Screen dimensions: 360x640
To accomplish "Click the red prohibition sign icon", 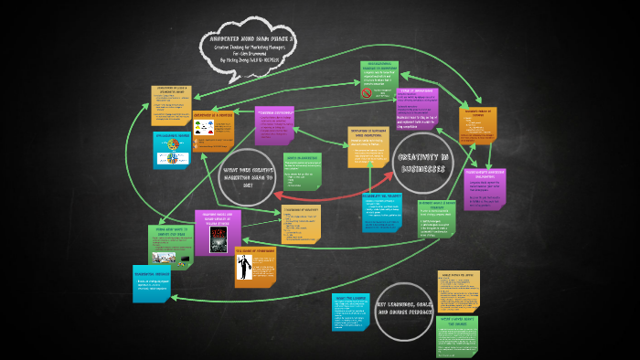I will pos(366,93).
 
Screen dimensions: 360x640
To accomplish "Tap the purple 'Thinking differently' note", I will pos(275,126).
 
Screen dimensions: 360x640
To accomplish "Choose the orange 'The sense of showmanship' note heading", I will pos(254,250).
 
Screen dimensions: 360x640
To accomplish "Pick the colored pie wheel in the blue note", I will pos(169,157).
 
